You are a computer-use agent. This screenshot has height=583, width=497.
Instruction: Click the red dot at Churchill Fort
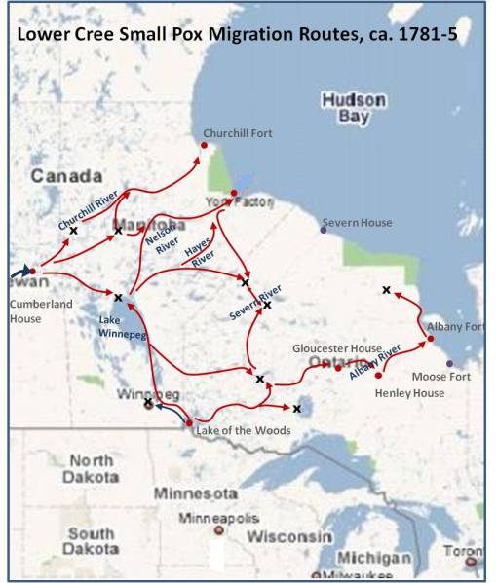[205, 146]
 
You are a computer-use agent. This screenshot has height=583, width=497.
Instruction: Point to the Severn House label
[362, 223]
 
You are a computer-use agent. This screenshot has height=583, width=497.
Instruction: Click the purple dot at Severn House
[324, 230]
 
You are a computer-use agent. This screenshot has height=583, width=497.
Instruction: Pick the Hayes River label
[200, 258]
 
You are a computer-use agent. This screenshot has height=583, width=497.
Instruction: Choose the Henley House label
[409, 392]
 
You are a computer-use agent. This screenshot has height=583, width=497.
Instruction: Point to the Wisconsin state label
[294, 536]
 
